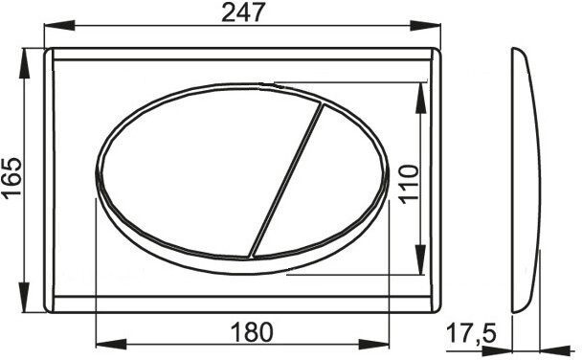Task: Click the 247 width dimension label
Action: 243,11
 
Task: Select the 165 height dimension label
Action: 12,178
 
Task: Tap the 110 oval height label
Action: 409,184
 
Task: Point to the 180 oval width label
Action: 252,332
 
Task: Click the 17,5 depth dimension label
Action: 471,333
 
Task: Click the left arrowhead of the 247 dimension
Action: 59,26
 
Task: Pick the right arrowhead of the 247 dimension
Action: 425,26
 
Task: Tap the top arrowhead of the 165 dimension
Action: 25,63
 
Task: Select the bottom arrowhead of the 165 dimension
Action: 25,297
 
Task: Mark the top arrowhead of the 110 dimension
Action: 420,98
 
